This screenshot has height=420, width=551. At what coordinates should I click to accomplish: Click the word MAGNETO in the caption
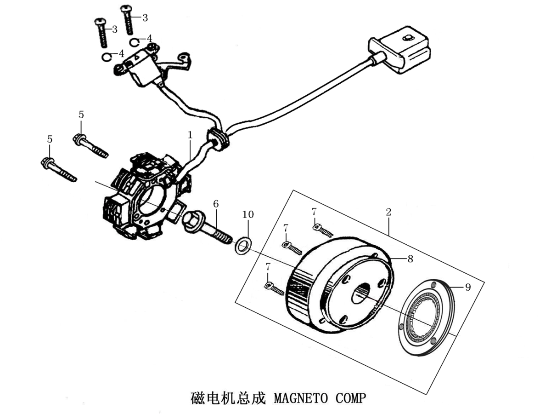click(x=301, y=398)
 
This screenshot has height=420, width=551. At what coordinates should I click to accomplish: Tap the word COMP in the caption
click(x=351, y=398)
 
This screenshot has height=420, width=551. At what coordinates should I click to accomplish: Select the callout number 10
click(x=248, y=214)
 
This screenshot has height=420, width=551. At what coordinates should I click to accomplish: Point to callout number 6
click(x=216, y=204)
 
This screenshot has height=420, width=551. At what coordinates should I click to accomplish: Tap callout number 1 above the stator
click(x=190, y=135)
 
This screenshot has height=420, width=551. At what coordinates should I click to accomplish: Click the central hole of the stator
click(x=152, y=200)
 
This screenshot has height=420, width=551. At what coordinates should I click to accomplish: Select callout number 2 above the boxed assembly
click(x=388, y=212)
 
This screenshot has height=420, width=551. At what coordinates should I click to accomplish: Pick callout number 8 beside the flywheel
click(x=410, y=259)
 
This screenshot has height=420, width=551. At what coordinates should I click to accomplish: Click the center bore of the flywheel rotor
click(x=361, y=293)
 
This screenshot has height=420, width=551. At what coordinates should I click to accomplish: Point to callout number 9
click(x=467, y=287)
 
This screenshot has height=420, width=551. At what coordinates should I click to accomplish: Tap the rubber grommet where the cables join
click(x=217, y=139)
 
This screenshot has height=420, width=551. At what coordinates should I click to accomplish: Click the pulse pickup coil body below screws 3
click(x=143, y=68)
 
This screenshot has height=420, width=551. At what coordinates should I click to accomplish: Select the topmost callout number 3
click(x=145, y=18)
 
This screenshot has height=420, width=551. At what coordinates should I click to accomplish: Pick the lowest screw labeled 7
click(x=274, y=288)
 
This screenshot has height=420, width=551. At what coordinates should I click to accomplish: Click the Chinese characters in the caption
click(x=228, y=398)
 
